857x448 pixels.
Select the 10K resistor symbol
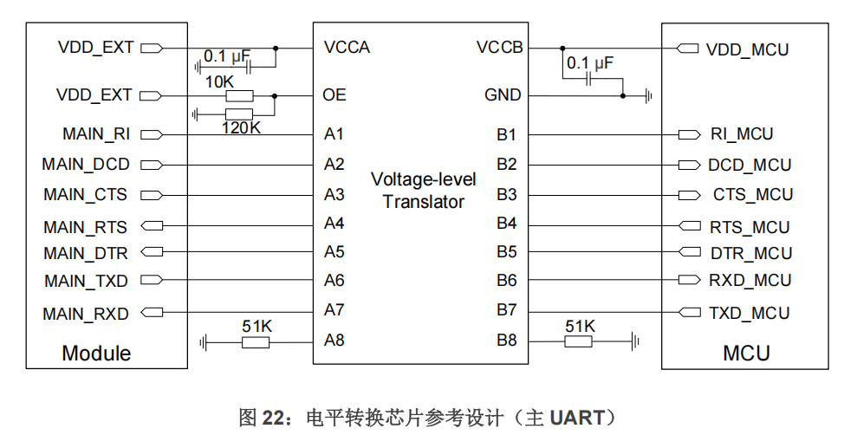coord(238,96)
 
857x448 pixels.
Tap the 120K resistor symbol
coord(238,114)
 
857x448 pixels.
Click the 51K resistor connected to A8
coord(256,342)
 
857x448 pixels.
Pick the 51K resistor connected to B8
coord(578,342)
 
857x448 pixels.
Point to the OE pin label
coord(334,95)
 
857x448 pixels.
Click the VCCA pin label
coord(347,48)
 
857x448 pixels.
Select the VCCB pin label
coord(500,48)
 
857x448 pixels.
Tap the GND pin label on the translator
coord(503,95)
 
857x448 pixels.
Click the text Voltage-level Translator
coord(424,191)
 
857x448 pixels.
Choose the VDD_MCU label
coord(747,49)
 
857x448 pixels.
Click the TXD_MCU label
coord(750,313)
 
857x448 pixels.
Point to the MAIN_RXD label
coord(86,314)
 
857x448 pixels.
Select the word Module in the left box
coord(96,354)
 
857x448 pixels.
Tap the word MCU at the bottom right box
coord(746,354)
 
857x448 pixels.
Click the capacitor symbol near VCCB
coord(589,79)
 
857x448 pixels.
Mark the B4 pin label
coord(506,224)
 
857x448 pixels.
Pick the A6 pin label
coord(334,280)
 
